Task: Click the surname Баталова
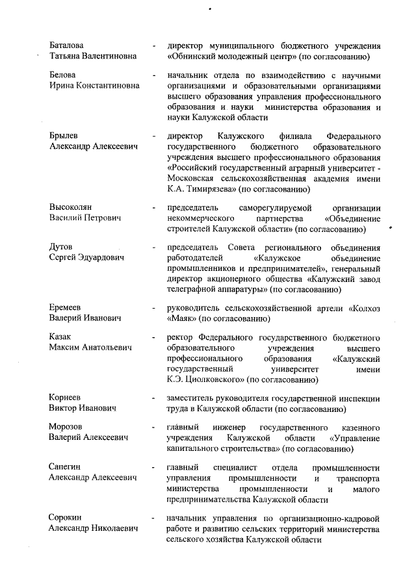(x=66, y=45)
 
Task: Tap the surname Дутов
(x=61, y=247)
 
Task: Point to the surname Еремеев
(x=66, y=307)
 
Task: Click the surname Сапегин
(x=66, y=467)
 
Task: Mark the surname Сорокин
(x=66, y=517)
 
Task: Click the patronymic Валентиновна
(x=108, y=57)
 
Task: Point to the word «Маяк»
(x=181, y=318)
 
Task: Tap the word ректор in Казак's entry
(x=179, y=337)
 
